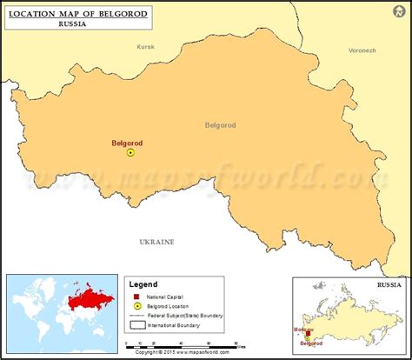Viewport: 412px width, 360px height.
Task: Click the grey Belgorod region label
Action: pos(221,125)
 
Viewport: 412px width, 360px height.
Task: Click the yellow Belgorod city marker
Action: pos(130,152)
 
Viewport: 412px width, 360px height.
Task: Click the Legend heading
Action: pos(143,284)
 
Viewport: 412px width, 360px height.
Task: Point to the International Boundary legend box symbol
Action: pos(136,325)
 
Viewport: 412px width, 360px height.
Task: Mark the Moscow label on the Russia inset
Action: pos(304,331)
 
